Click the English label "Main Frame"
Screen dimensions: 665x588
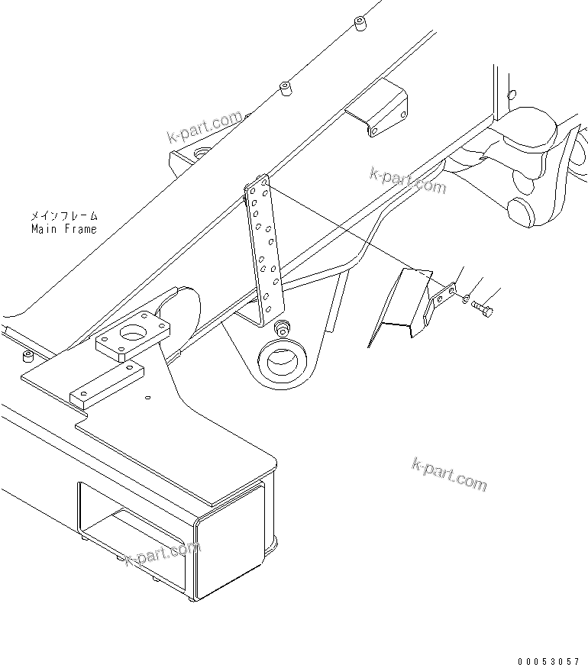click(x=64, y=229)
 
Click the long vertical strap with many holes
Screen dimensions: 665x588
click(x=263, y=248)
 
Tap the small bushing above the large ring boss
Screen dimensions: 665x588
click(x=283, y=329)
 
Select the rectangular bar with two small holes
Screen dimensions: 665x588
click(x=107, y=385)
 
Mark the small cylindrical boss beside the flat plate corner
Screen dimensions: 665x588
click(x=28, y=357)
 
